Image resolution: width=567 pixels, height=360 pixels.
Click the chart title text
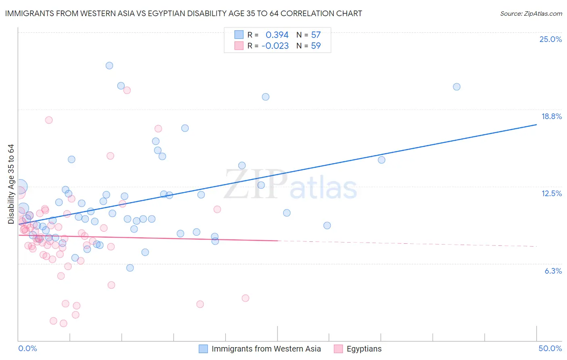click(x=183, y=13)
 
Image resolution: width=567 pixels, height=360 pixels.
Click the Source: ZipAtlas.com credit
click(x=531, y=13)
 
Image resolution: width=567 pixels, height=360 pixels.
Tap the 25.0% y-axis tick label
click(x=550, y=39)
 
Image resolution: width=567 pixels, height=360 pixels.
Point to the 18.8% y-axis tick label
click(x=551, y=116)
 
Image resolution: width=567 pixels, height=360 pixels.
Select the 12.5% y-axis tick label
click(x=551, y=193)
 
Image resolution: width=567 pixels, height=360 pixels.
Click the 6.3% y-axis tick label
click(x=553, y=271)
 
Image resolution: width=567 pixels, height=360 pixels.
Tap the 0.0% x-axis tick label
click(x=28, y=348)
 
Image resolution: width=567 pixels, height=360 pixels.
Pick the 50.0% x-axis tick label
click(x=550, y=348)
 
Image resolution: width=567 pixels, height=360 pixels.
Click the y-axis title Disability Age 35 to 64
click(x=11, y=184)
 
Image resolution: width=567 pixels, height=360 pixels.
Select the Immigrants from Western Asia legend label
click(x=266, y=349)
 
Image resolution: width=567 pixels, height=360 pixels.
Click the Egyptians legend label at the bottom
click(x=364, y=349)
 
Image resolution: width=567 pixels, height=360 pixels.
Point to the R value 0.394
click(x=277, y=35)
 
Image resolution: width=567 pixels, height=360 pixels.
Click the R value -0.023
click(x=275, y=46)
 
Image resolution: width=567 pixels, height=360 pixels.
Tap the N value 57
click(x=316, y=35)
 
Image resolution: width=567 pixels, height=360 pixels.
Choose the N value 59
click(x=316, y=46)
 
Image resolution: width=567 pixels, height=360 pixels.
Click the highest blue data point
click(x=109, y=65)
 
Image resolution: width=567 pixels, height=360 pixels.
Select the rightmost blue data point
click(x=457, y=87)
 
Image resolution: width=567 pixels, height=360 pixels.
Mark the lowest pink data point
click(x=63, y=323)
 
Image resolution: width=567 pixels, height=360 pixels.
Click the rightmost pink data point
click(x=245, y=298)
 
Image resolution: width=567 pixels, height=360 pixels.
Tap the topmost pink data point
click(x=127, y=90)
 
